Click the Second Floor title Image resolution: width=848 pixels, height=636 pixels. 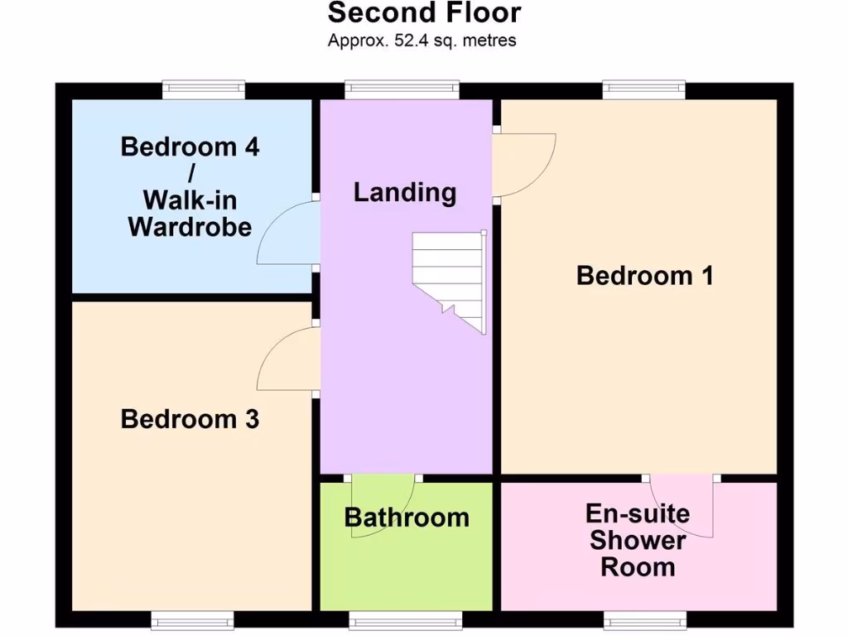point(424,14)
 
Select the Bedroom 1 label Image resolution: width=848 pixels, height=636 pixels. point(644,275)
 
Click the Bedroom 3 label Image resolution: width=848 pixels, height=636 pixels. point(190,419)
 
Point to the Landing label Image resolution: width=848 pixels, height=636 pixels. point(405,192)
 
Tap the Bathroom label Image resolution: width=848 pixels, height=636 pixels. point(407,518)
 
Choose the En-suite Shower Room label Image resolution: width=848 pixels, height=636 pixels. point(637,540)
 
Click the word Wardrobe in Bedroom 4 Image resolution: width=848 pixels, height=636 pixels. point(190,227)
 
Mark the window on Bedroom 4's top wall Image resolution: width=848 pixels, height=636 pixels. point(204,89)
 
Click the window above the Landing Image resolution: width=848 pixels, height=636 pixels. point(402,89)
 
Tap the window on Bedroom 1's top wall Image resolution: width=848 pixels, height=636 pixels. point(643,89)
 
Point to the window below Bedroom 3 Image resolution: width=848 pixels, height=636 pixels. point(192,619)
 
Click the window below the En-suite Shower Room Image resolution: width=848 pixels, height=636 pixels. point(644,619)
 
